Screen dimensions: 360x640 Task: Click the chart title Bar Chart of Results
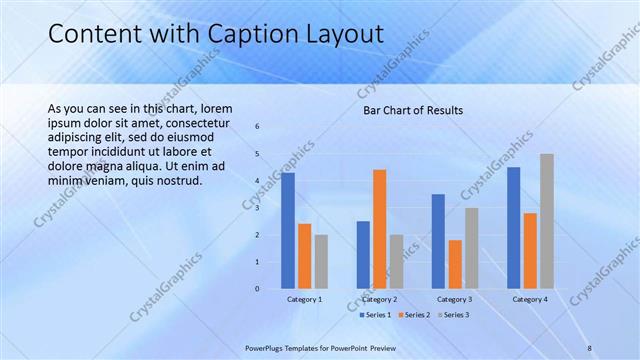[412, 110]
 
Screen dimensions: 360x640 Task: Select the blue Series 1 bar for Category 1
[288, 231]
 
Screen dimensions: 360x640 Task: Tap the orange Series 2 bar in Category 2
[379, 229]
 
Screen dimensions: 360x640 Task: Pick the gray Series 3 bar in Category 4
[546, 221]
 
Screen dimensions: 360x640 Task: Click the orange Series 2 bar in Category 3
[455, 264]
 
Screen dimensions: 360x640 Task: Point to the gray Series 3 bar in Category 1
[321, 262]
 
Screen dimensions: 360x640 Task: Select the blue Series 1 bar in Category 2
[363, 255]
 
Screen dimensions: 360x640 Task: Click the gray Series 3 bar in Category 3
[471, 248]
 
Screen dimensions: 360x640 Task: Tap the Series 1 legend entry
[375, 315]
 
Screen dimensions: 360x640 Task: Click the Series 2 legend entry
[414, 315]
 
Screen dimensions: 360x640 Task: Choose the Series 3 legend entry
[453, 315]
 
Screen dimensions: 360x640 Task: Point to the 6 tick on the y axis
[257, 127]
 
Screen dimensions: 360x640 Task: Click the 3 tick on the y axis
[257, 208]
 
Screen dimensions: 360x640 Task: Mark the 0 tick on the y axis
[257, 289]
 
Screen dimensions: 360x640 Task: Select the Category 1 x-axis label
[304, 299]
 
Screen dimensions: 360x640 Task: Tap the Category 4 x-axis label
[530, 299]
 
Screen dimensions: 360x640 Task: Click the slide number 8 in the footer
[590, 348]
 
